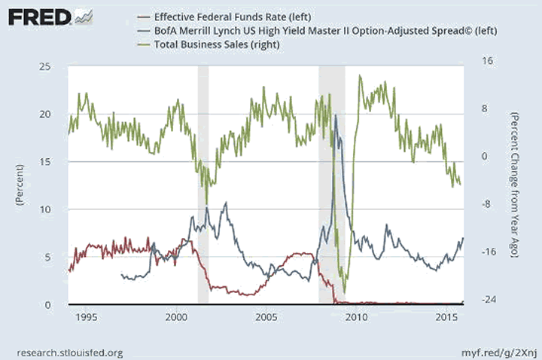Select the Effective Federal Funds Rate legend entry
pos(219,16)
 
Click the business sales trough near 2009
pos(344,292)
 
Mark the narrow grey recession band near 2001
pos(202,185)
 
